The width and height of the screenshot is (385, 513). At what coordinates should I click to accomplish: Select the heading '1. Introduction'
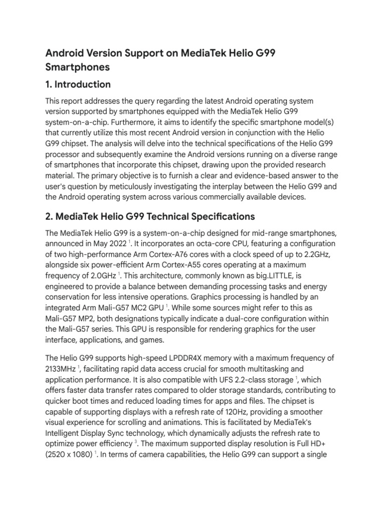click(78, 84)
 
